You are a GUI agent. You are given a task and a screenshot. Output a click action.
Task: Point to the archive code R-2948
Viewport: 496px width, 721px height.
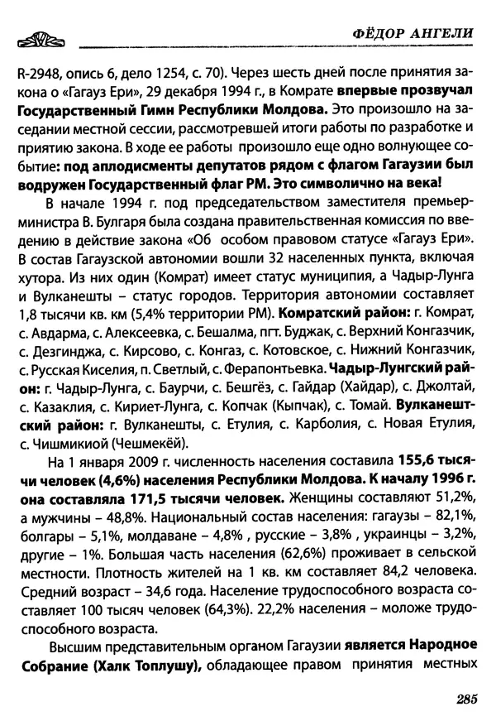tap(39, 69)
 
